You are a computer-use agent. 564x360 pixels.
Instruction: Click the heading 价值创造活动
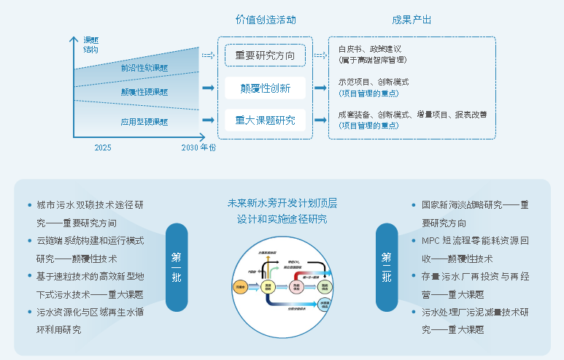[x=266, y=20]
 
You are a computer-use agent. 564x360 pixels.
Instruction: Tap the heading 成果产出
[x=412, y=20]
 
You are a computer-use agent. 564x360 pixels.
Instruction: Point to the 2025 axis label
[x=103, y=148]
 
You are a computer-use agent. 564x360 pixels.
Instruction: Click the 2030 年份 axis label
[x=198, y=148]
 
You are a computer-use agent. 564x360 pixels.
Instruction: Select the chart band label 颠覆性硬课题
[x=144, y=93]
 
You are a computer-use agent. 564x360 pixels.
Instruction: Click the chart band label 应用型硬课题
[x=144, y=121]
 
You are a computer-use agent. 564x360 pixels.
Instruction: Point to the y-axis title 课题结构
[x=91, y=45]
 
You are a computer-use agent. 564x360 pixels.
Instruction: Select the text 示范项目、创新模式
[x=373, y=82]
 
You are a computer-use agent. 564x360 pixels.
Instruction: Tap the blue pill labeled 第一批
[x=177, y=267]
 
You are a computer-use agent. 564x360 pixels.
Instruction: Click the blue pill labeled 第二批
[x=386, y=267]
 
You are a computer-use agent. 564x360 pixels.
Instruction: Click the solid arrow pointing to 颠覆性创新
[x=208, y=88]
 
